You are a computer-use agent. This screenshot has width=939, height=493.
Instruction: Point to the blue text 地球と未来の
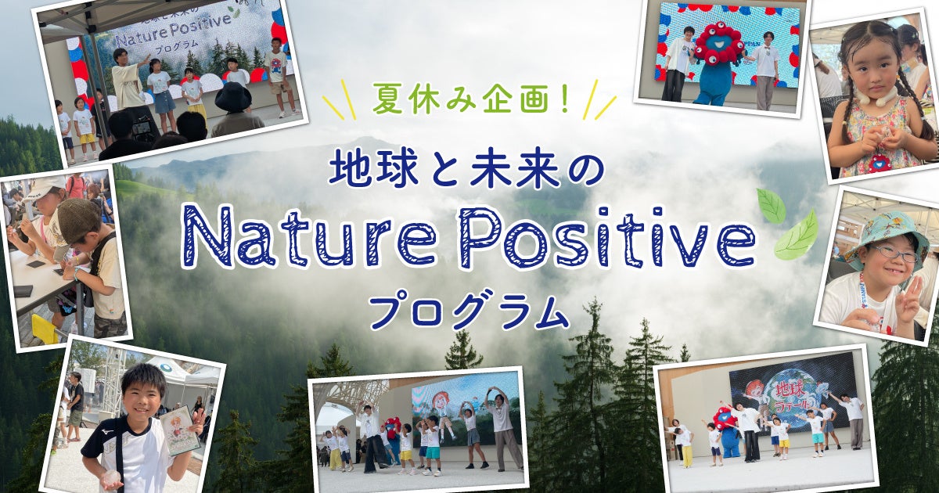tap(466, 171)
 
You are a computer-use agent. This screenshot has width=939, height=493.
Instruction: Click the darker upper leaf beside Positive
tap(771, 205)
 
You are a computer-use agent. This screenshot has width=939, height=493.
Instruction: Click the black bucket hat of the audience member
tap(233, 97)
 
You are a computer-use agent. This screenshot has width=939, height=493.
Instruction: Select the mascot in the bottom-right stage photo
tap(726, 431)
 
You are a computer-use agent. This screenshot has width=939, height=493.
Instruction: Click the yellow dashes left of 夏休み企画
tap(339, 100)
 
